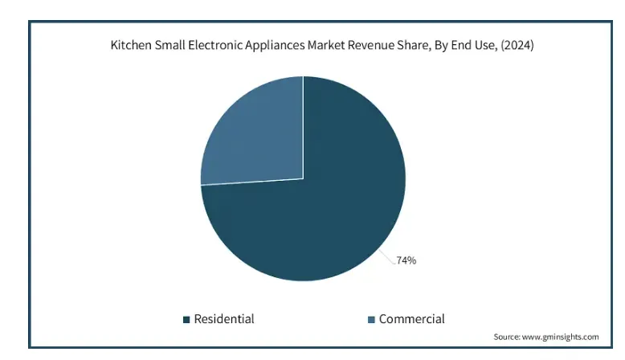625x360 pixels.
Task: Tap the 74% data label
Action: (406, 260)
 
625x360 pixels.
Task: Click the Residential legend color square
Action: (187, 320)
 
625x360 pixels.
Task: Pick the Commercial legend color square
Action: (371, 320)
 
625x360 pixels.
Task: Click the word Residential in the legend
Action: (224, 319)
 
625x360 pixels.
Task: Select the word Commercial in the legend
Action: (411, 319)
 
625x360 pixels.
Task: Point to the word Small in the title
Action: (171, 46)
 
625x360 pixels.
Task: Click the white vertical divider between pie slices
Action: (303, 129)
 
